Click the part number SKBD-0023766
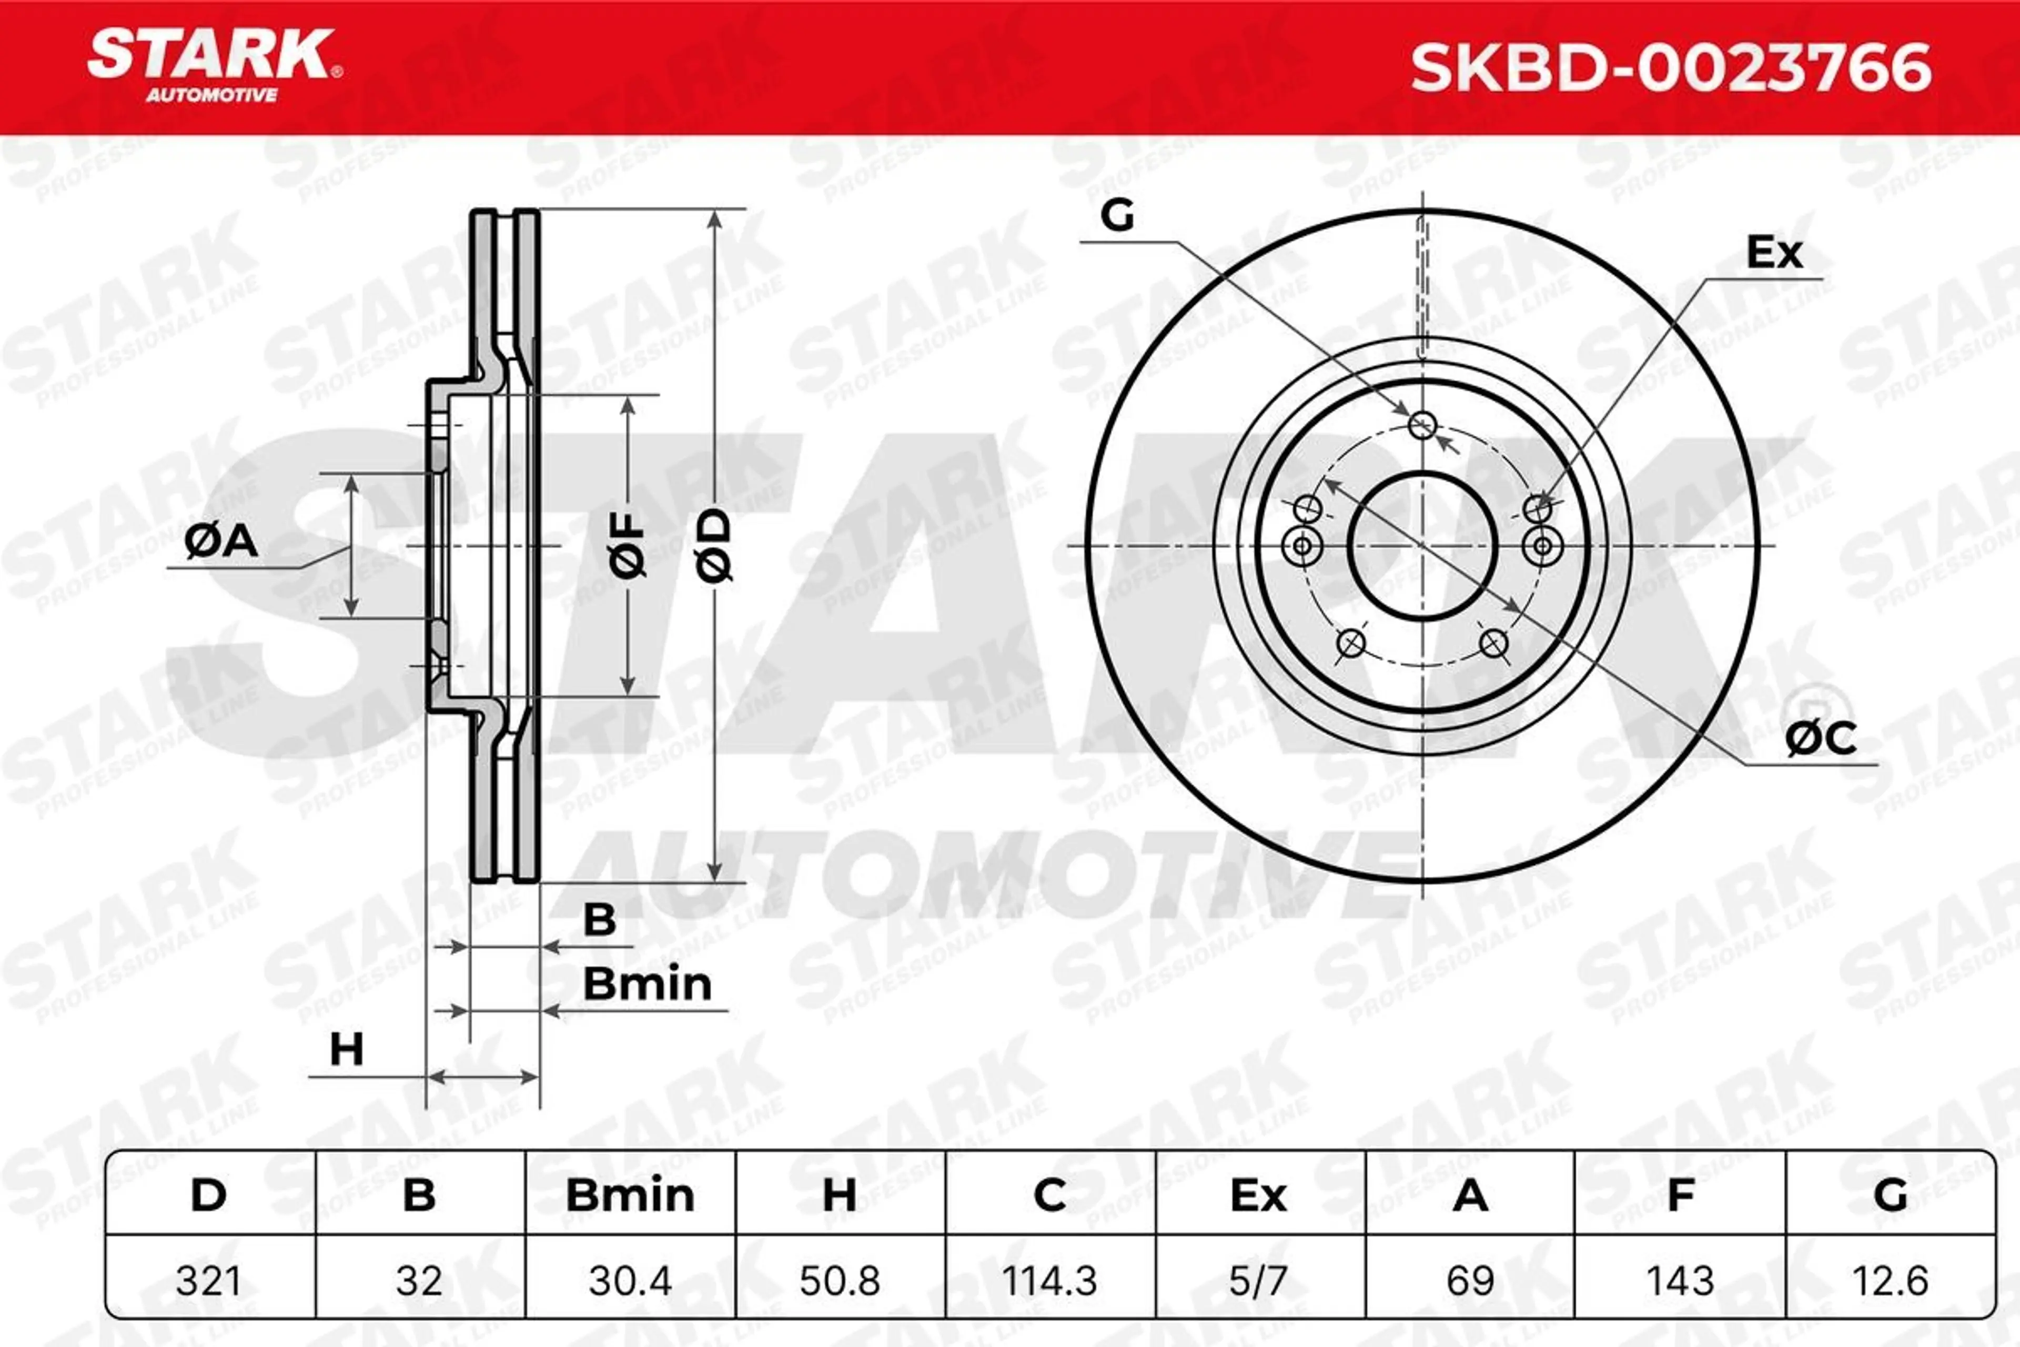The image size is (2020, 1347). pos(1671,68)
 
